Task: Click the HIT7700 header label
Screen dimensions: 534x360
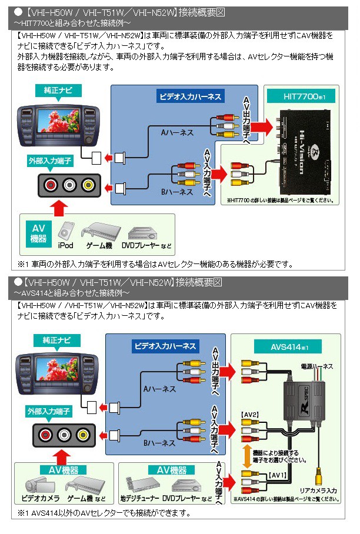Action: click(x=300, y=94)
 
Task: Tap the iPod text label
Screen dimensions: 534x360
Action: click(x=65, y=245)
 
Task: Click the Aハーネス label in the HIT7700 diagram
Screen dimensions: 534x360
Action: click(x=176, y=133)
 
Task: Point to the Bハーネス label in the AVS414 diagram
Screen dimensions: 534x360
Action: click(x=160, y=443)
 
